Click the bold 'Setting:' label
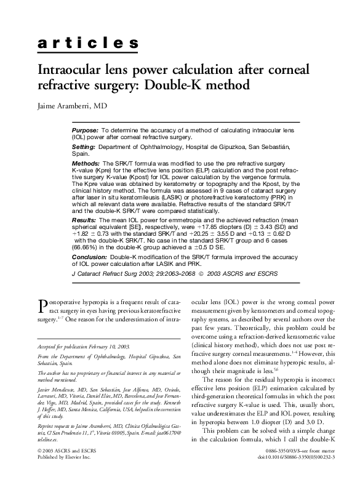point(84,147)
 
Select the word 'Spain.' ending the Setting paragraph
point(81,154)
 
